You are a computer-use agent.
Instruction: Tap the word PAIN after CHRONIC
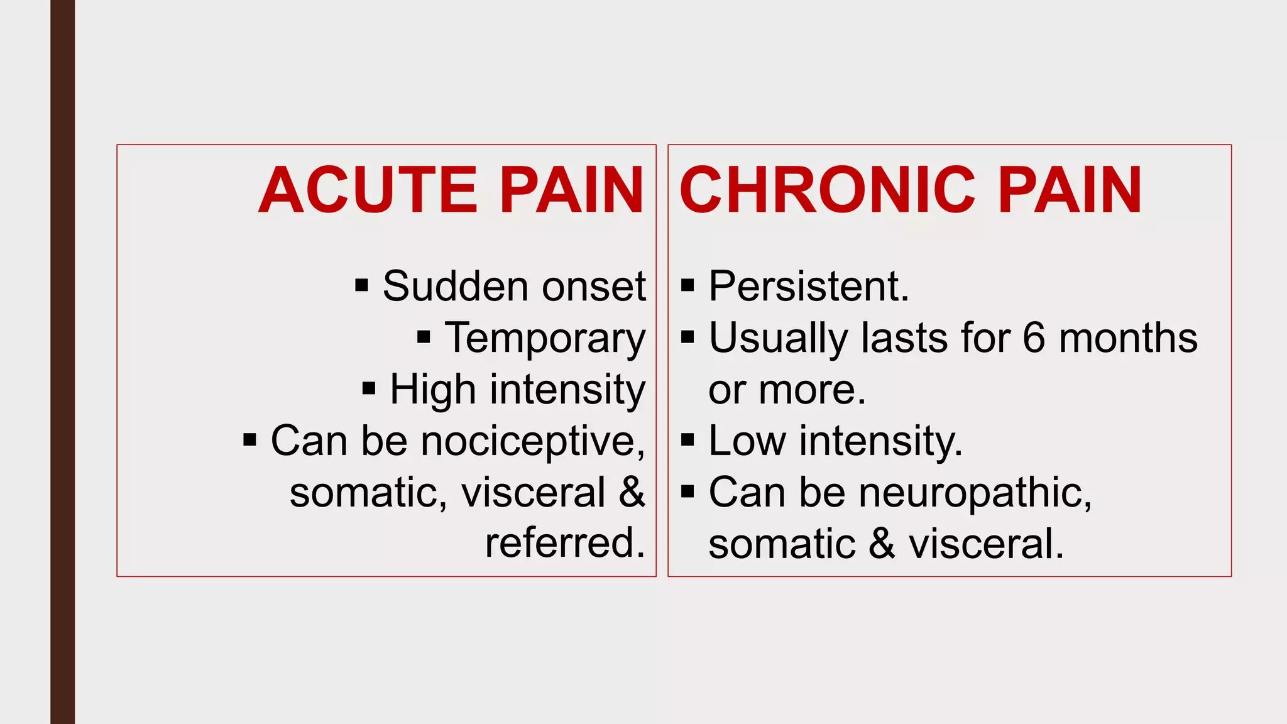tap(1070, 190)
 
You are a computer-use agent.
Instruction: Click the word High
tap(432, 390)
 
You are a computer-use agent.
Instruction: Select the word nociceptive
tap(533, 441)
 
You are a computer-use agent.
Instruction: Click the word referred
tap(564, 543)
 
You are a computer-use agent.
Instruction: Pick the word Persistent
tap(809, 287)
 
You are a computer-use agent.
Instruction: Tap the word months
tap(1128, 338)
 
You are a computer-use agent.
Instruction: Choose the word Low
tap(747, 441)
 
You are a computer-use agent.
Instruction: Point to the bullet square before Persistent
tap(687, 286)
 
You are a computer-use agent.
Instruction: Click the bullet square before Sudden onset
tap(361, 286)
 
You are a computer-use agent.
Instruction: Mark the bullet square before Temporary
tap(424, 337)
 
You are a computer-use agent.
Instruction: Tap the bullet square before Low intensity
tap(687, 440)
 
